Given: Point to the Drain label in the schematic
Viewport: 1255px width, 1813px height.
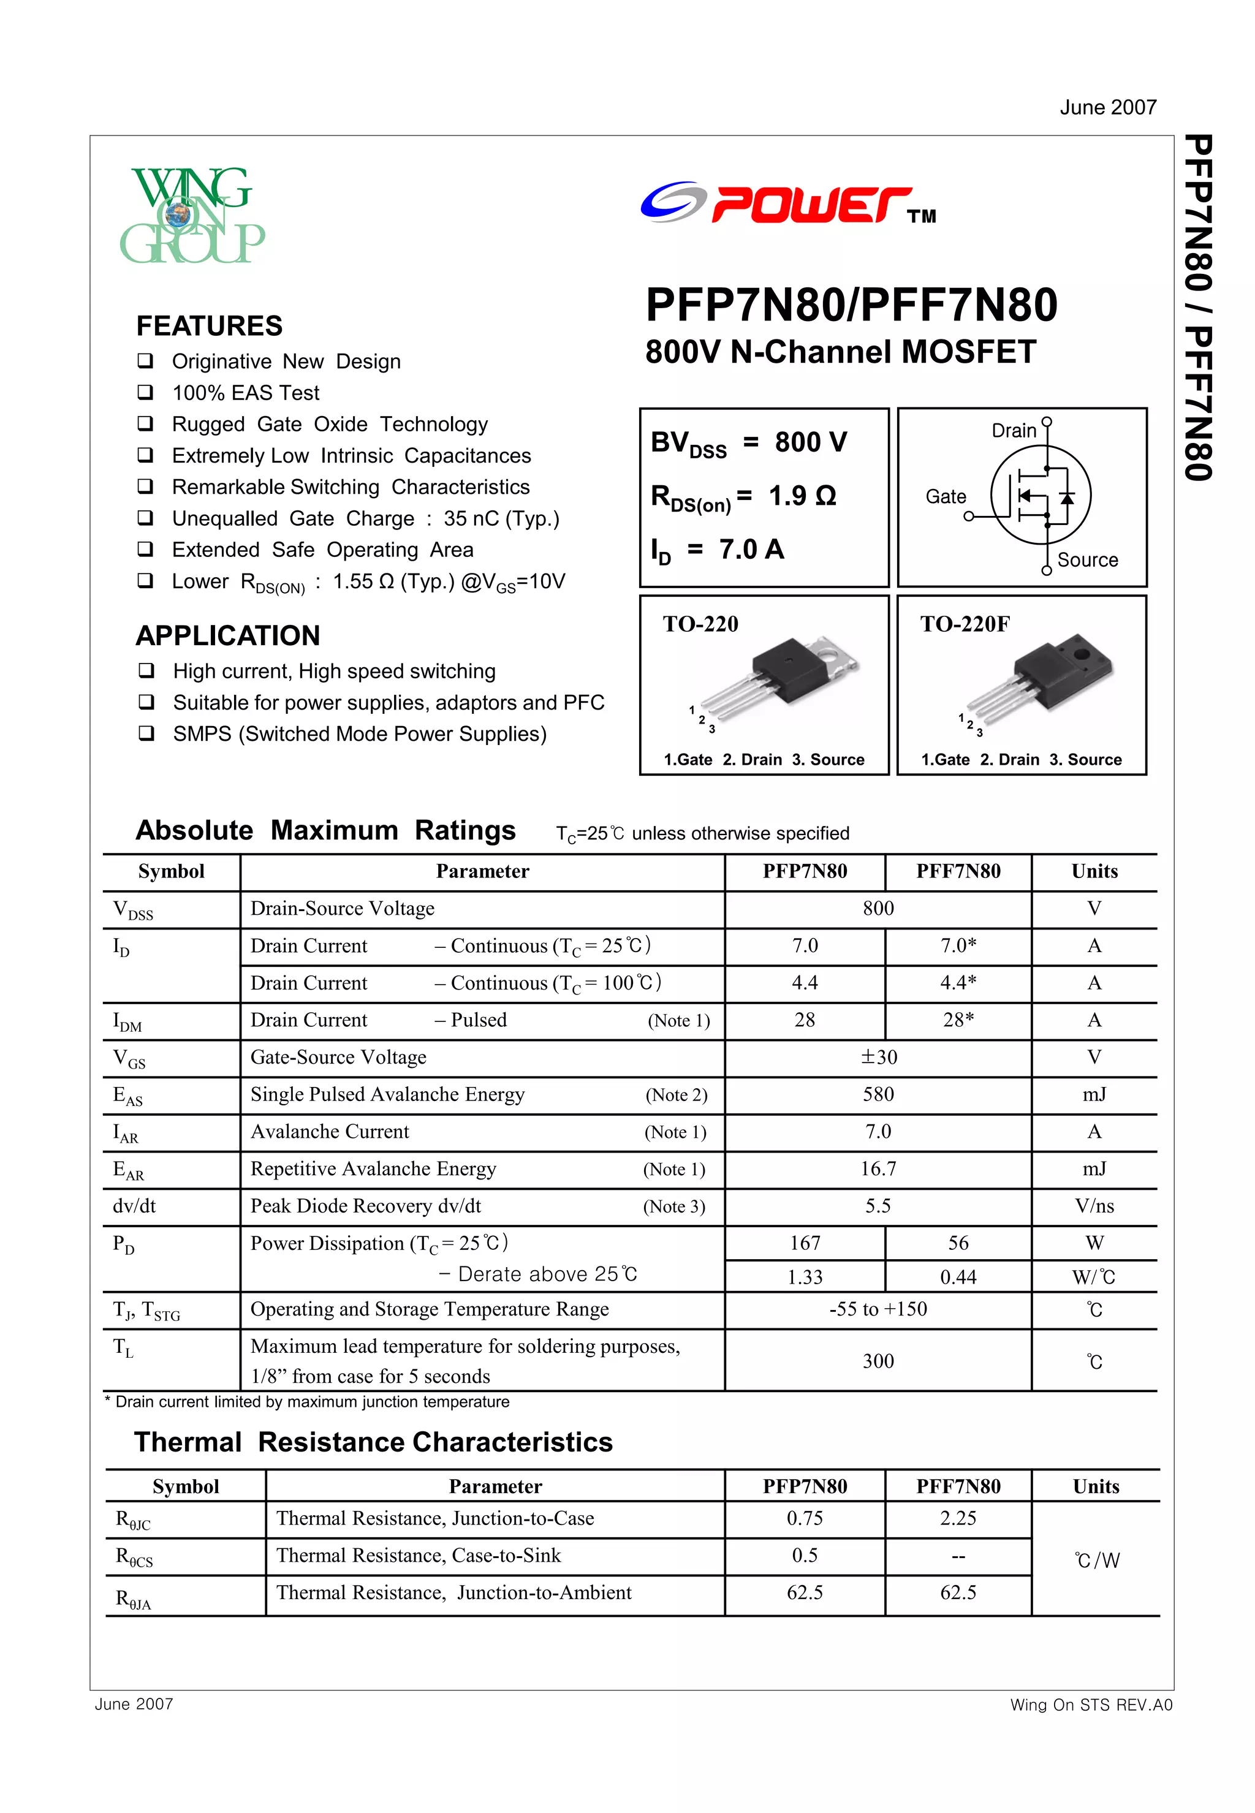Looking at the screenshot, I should point(1014,431).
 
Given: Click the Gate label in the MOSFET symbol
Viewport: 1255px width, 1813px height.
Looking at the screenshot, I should point(945,497).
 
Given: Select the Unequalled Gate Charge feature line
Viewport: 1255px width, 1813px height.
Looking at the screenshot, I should point(366,519).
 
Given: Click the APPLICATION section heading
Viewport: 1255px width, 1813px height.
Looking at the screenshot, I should point(228,635).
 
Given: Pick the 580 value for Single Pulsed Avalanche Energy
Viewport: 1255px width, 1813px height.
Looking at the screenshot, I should point(878,1094).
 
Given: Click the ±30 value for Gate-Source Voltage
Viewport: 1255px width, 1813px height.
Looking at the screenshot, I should point(878,1058).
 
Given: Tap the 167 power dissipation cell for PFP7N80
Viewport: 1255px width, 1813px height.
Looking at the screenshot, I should point(805,1243).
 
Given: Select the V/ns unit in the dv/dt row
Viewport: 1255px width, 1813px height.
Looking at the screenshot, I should point(1094,1206).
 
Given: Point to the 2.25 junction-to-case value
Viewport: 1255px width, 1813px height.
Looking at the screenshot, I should point(958,1518).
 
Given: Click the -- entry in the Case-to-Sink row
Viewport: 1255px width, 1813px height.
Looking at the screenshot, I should point(958,1556).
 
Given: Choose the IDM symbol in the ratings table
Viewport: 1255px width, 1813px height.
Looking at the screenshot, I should point(127,1021).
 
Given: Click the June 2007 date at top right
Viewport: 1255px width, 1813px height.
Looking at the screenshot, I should point(1107,108).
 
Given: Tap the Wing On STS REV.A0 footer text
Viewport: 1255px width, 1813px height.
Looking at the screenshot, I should point(1091,1705).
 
